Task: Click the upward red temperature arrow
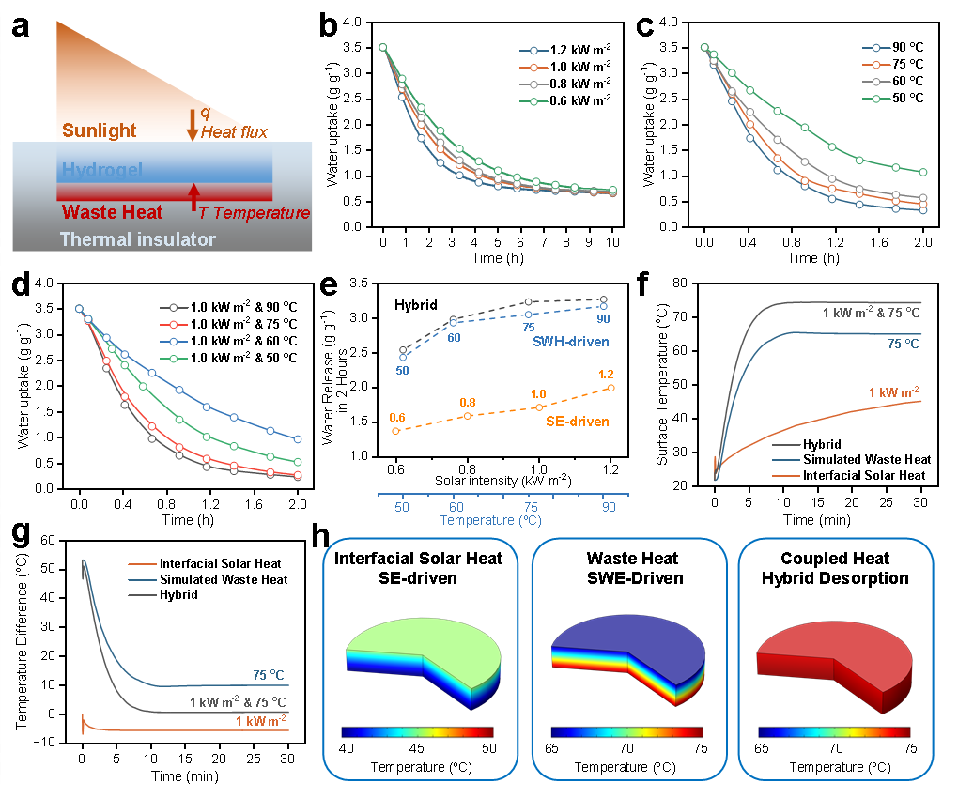[194, 195]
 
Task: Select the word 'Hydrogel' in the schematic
[101, 171]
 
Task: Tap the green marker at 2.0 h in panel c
[923, 173]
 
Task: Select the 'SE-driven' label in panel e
[579, 422]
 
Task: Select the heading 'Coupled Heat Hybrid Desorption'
[836, 569]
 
